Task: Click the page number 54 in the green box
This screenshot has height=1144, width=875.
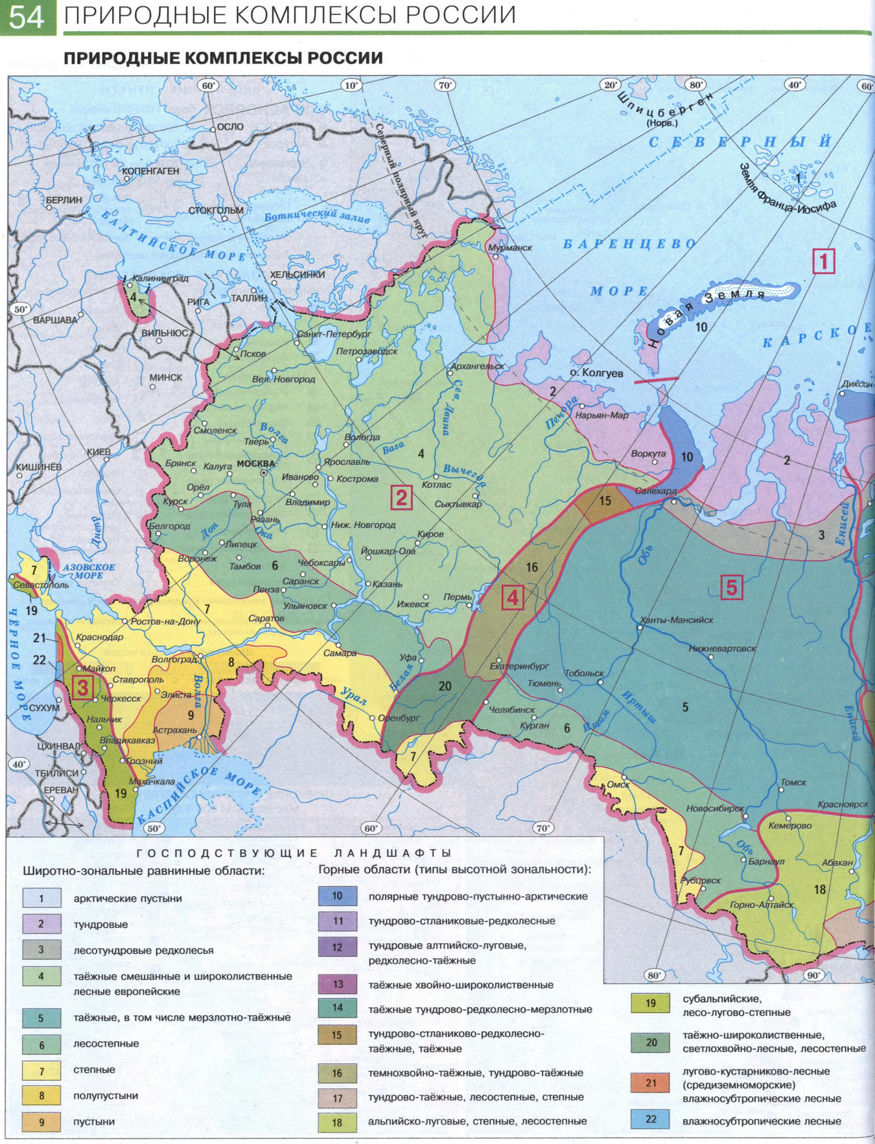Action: click(27, 18)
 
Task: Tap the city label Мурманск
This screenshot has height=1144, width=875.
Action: click(510, 248)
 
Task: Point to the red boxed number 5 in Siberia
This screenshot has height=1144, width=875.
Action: click(731, 588)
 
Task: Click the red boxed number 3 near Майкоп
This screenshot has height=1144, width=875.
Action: click(82, 688)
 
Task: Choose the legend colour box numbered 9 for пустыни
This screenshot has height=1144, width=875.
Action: click(41, 1121)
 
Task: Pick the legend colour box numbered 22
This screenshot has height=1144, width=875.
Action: click(651, 1119)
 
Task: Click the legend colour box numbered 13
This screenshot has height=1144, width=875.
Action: click(338, 985)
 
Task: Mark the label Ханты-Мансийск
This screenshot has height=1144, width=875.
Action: click(676, 620)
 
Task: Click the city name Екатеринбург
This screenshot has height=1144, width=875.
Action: click(519, 666)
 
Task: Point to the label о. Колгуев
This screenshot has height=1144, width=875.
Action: click(596, 373)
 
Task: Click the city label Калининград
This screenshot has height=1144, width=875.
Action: click(160, 279)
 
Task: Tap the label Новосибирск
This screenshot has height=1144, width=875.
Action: click(714, 809)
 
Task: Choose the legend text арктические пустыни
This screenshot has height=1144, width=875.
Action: click(127, 898)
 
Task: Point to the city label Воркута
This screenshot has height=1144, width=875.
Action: click(648, 454)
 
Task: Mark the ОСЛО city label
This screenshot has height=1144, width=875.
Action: click(230, 127)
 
